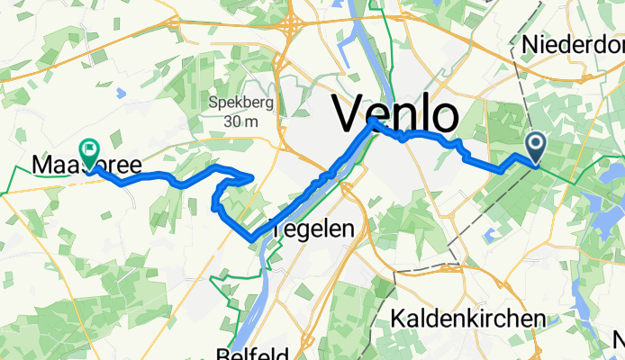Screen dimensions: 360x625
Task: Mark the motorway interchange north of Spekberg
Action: point(291,28)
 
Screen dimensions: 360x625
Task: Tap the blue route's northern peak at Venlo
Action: point(372,120)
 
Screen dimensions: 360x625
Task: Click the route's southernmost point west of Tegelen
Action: point(251,238)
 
